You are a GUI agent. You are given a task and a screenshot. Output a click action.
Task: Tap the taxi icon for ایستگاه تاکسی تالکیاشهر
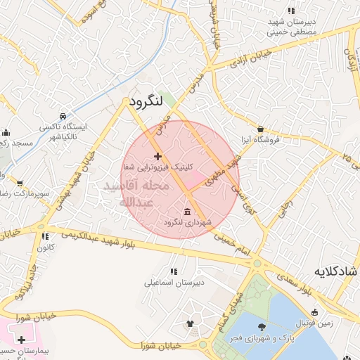click(63, 115)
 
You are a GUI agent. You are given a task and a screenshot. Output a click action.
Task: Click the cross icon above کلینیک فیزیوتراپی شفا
click(157, 156)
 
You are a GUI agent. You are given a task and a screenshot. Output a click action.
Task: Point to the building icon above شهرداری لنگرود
click(187, 212)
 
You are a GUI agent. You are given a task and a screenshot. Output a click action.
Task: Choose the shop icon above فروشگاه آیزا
click(261, 129)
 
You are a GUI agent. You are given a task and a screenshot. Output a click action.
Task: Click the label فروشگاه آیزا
click(260, 139)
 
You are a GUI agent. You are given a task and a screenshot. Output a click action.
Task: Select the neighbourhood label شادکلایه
click(336, 271)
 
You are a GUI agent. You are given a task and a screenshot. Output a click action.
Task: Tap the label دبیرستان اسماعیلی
click(174, 283)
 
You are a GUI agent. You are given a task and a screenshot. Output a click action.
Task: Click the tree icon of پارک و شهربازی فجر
click(262, 326)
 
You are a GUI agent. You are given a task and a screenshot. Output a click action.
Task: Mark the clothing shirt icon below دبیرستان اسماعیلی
click(189, 323)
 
